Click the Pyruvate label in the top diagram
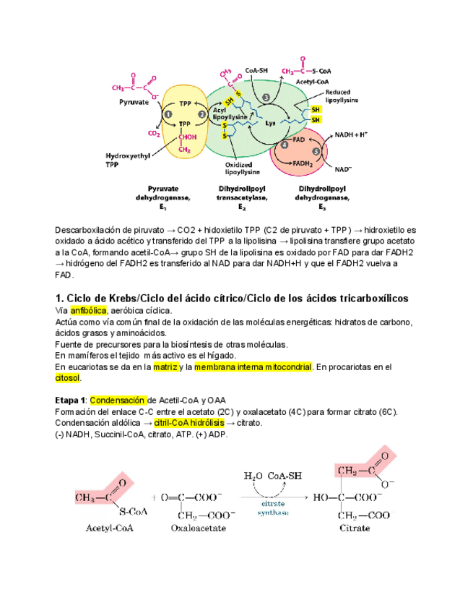(x=134, y=103)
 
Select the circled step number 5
(x=316, y=150)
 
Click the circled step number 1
(x=168, y=113)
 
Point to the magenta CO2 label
(x=154, y=133)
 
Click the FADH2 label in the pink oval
(x=303, y=163)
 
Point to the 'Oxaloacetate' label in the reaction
(x=198, y=528)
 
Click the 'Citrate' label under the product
(x=355, y=528)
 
